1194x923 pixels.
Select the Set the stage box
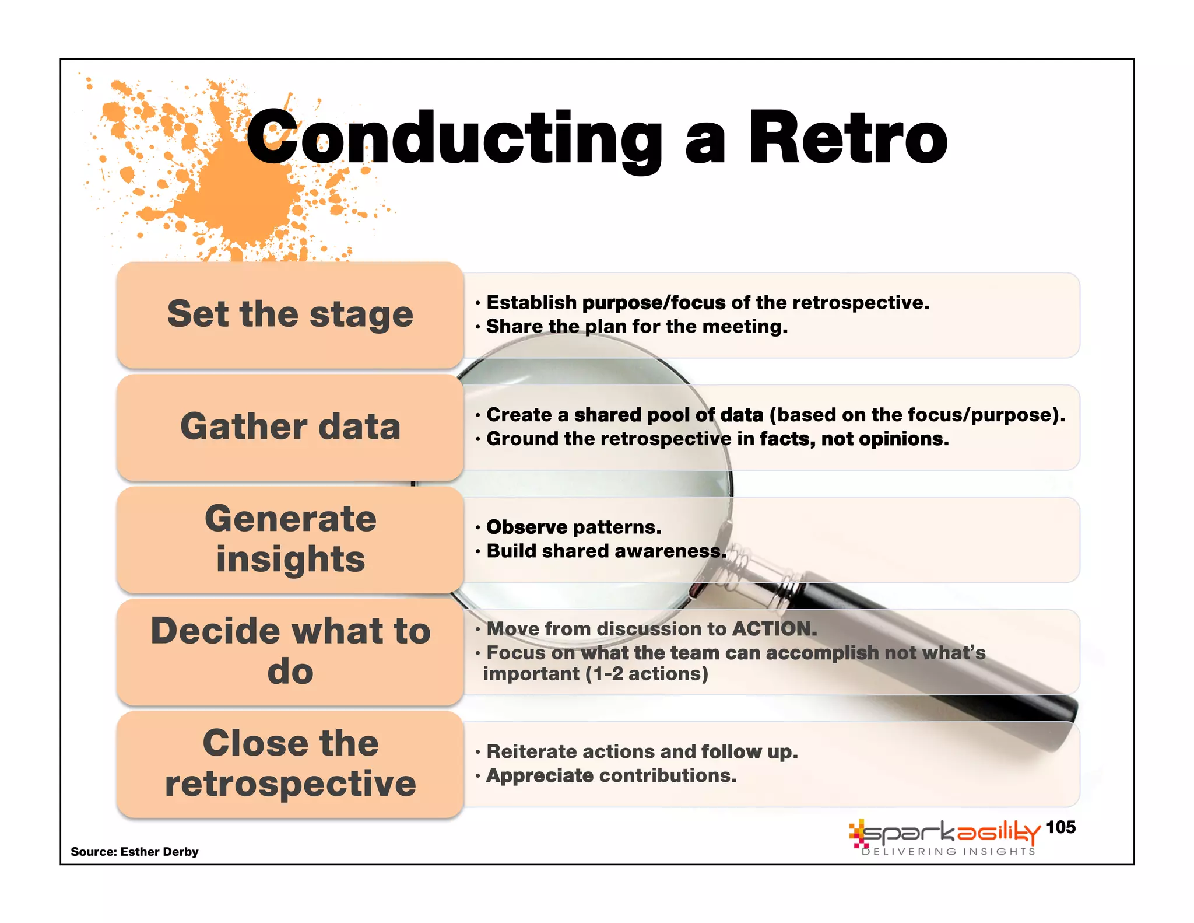[x=290, y=315]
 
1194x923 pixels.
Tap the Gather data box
[x=290, y=427]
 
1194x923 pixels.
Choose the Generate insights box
[x=290, y=539]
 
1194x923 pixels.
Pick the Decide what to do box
[x=290, y=651]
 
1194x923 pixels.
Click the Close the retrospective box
[x=290, y=763]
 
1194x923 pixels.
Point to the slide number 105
[x=1060, y=827]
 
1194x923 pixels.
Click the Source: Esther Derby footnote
[x=135, y=851]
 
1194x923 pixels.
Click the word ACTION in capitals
[x=774, y=628]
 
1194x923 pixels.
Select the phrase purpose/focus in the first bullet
[x=654, y=303]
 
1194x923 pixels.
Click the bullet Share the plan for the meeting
[x=637, y=327]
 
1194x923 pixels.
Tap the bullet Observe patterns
[x=574, y=527]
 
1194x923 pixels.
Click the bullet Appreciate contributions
[x=611, y=776]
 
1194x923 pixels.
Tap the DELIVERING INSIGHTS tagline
[x=949, y=852]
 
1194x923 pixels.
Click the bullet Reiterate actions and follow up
[x=642, y=752]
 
